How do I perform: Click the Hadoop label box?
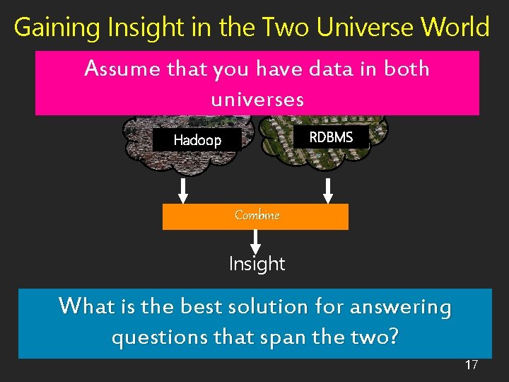click(x=197, y=140)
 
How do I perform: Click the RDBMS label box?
click(x=331, y=137)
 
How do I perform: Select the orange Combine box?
click(x=255, y=216)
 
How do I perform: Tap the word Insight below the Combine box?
click(x=257, y=265)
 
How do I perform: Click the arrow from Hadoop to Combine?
click(x=183, y=190)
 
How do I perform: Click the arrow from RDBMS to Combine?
click(x=328, y=190)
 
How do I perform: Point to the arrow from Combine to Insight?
click(x=255, y=241)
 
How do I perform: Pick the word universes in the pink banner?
click(x=257, y=100)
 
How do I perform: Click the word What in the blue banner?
click(x=85, y=307)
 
